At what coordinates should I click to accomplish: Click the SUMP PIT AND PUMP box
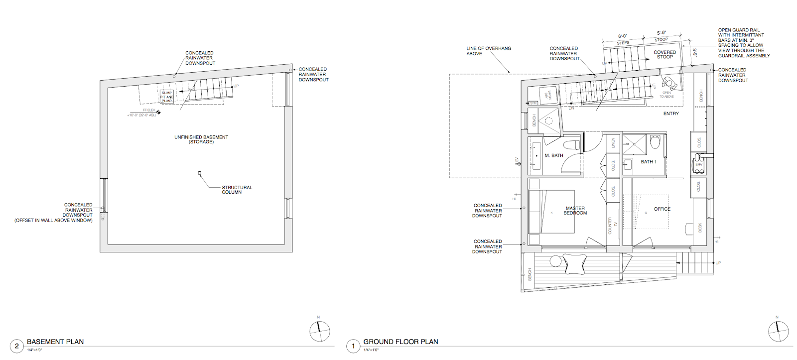(167, 97)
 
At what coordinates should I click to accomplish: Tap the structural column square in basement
(200, 173)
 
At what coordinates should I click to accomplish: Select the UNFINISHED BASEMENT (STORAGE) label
(201, 139)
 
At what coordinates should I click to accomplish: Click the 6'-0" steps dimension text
(623, 36)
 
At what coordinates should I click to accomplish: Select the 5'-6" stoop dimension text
(661, 33)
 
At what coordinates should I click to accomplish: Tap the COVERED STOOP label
(665, 54)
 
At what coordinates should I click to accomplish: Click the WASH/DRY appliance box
(547, 95)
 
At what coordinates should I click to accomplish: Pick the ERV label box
(699, 164)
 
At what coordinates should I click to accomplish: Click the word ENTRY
(671, 114)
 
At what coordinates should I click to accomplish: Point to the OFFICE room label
(662, 209)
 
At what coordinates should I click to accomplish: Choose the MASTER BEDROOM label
(575, 211)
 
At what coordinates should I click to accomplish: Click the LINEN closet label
(613, 143)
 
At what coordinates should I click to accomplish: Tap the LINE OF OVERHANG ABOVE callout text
(488, 51)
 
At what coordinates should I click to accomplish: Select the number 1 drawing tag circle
(353, 346)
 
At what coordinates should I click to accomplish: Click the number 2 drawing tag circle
(16, 346)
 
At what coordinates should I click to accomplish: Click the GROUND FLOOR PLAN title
(400, 342)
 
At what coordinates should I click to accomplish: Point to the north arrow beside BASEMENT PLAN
(320, 331)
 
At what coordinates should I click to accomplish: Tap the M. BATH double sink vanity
(536, 156)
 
